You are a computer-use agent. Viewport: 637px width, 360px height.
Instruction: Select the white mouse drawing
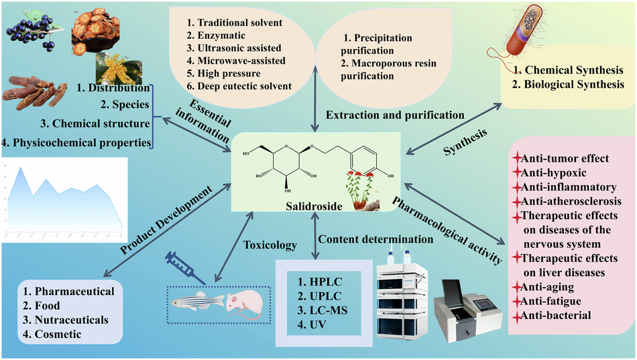[243, 303]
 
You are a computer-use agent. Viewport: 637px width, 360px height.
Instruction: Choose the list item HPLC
[322, 276]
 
